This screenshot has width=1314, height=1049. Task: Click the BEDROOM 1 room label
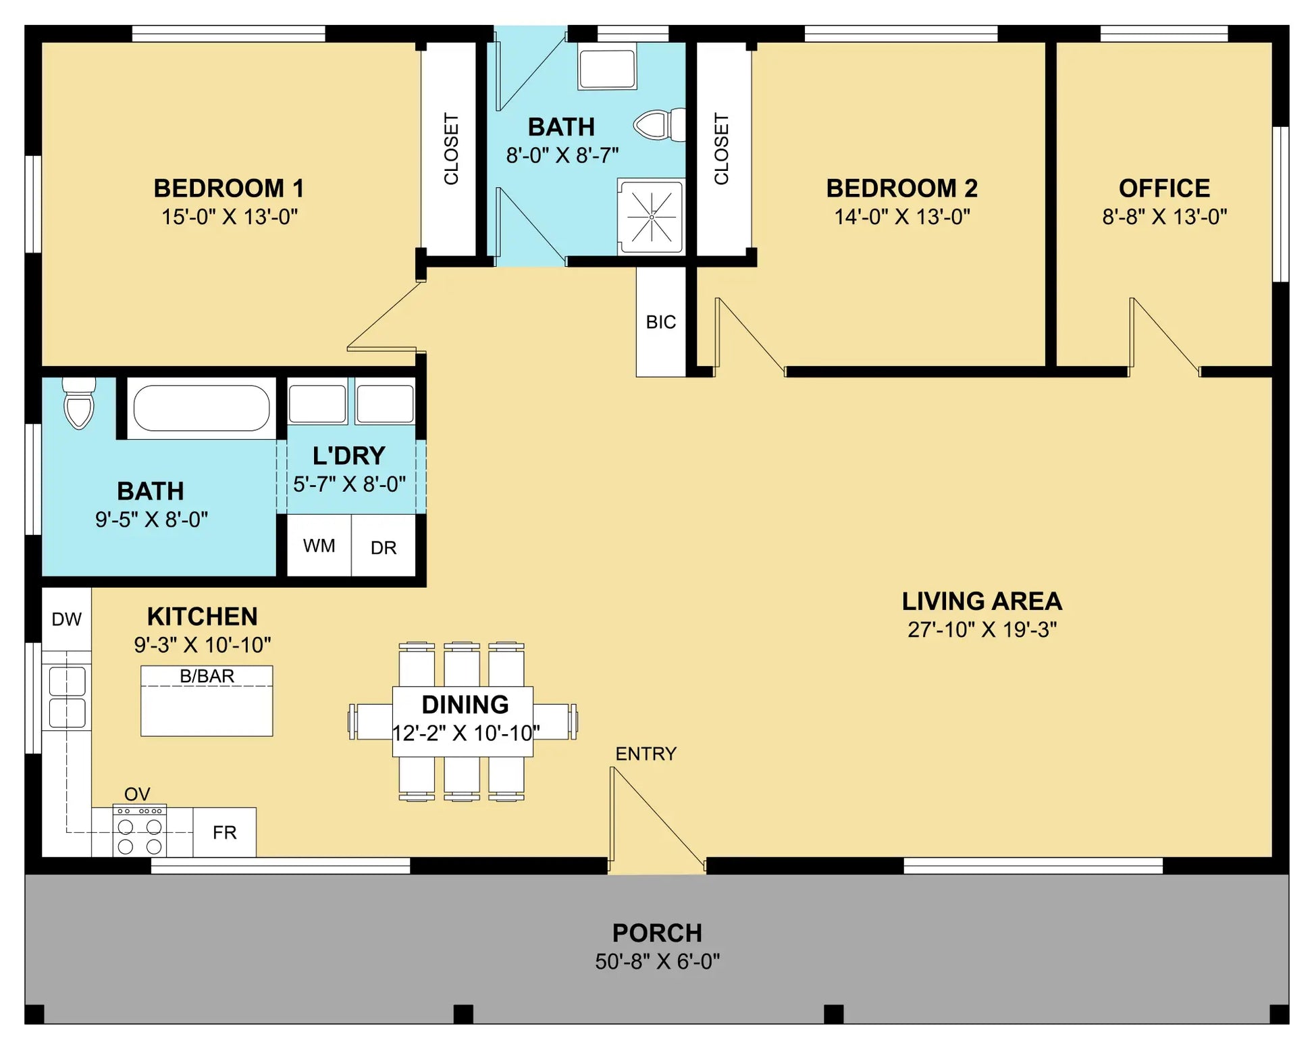pos(229,188)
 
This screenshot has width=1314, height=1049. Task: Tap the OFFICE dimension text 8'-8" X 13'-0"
pos(1164,217)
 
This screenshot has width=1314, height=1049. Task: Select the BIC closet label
pos(660,322)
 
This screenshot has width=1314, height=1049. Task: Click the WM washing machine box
pos(319,545)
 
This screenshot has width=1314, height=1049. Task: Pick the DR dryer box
pos(384,545)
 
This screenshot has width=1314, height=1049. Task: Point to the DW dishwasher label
pos(66,619)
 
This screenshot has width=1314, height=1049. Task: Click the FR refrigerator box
pos(225,832)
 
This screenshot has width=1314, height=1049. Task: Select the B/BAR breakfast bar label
pos(207,676)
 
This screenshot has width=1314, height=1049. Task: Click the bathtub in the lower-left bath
pos(201,408)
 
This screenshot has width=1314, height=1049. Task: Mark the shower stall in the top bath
pos(651,217)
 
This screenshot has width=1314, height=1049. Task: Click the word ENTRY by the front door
pos(646,754)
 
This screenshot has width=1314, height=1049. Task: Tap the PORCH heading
pos(657,933)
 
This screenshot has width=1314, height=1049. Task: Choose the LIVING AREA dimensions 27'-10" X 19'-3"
pos(982,630)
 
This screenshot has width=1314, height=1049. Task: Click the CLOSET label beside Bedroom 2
pos(721,149)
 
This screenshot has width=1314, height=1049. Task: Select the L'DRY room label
pos(348,456)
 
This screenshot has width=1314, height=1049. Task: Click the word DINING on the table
pos(465,705)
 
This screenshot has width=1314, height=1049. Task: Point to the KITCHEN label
pos(202,617)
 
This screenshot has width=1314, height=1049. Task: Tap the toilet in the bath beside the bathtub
pos(79,403)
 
